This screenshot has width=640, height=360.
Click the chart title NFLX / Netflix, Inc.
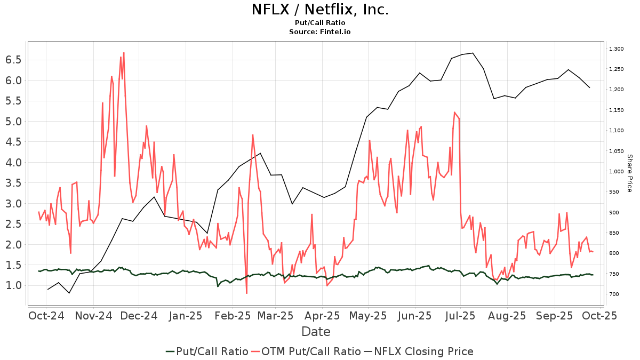coord(320,10)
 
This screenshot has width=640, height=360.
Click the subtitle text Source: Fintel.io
coord(320,32)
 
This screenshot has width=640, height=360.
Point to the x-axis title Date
coord(316,332)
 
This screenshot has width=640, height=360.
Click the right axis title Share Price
coord(629,173)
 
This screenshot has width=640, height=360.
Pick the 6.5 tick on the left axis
coord(13,60)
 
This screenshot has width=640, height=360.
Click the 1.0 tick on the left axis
coord(13,285)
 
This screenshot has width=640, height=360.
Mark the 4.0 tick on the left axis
coord(13,162)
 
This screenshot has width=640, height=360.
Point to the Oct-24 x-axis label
coord(46,315)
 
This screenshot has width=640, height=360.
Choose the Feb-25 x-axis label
coord(233,315)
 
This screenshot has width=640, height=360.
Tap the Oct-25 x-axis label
coord(601,315)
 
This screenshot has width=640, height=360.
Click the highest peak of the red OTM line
coord(124,53)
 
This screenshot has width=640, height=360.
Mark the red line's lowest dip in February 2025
coord(246,293)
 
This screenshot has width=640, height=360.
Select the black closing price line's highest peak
coord(473,53)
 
